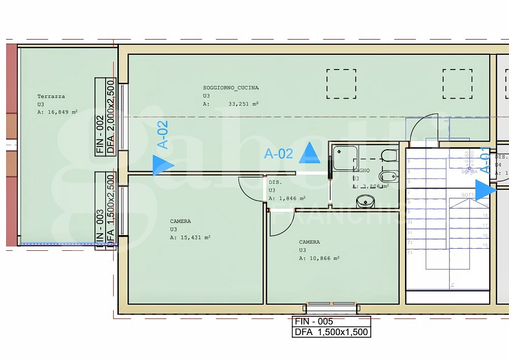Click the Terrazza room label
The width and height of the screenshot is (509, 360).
(x=51, y=96)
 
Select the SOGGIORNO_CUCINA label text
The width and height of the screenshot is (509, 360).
(x=231, y=87)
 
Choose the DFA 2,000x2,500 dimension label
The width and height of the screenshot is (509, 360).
(x=110, y=116)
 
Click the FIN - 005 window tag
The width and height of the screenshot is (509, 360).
(x=314, y=321)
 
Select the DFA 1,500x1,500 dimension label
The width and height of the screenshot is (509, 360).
(x=331, y=333)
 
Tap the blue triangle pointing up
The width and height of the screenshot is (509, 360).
(x=309, y=153)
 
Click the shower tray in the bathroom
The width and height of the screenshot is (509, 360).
(x=345, y=157)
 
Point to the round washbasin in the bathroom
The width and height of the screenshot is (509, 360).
(x=365, y=202)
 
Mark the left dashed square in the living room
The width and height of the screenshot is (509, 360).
(x=341, y=84)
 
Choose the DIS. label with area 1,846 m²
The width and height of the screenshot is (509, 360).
(x=275, y=181)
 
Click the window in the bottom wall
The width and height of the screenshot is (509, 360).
(x=332, y=308)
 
